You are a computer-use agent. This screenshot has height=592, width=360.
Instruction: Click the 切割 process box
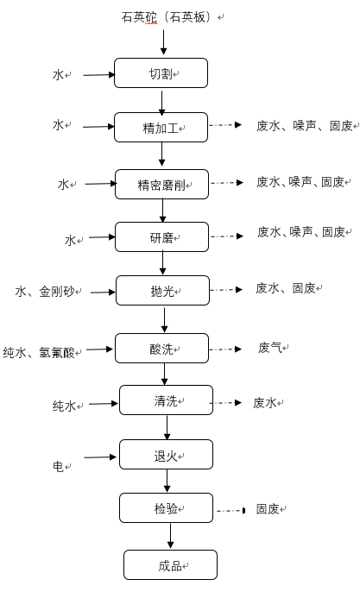pos(161,72)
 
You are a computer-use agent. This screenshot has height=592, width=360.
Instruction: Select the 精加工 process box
pos(161,127)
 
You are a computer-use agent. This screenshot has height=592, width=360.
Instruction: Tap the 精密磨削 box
pos(161,185)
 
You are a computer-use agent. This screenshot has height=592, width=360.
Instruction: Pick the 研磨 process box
pos(161,236)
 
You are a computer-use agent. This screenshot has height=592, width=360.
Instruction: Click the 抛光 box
pos(162,290)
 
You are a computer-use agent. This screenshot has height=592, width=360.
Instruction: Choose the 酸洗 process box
pos(161,348)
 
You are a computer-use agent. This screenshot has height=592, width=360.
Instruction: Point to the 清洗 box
pos(166,400)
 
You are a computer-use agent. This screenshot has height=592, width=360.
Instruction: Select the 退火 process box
pos(166,454)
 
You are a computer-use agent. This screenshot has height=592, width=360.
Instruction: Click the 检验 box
pos(166,507)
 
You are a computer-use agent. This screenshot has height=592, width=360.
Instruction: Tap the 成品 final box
pos(170,564)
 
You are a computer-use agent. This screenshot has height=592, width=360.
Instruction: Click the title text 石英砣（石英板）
pos(169,17)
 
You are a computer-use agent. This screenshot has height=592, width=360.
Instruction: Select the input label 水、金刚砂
pos(45,292)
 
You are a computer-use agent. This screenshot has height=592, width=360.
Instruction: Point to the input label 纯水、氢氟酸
pos(39,352)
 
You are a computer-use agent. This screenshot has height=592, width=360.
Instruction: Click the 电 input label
pos(58,466)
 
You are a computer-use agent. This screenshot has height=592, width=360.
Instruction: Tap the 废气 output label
pos(269,347)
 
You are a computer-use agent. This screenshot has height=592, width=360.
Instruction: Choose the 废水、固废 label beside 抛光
pos(286,288)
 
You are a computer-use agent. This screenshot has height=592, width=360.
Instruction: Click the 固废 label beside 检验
pos(268,509)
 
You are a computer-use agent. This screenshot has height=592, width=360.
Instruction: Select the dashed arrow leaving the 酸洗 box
pos(225,350)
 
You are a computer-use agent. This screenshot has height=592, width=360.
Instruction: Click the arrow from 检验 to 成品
pos(170,535)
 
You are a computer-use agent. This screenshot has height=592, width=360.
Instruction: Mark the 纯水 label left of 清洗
pos(64,406)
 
